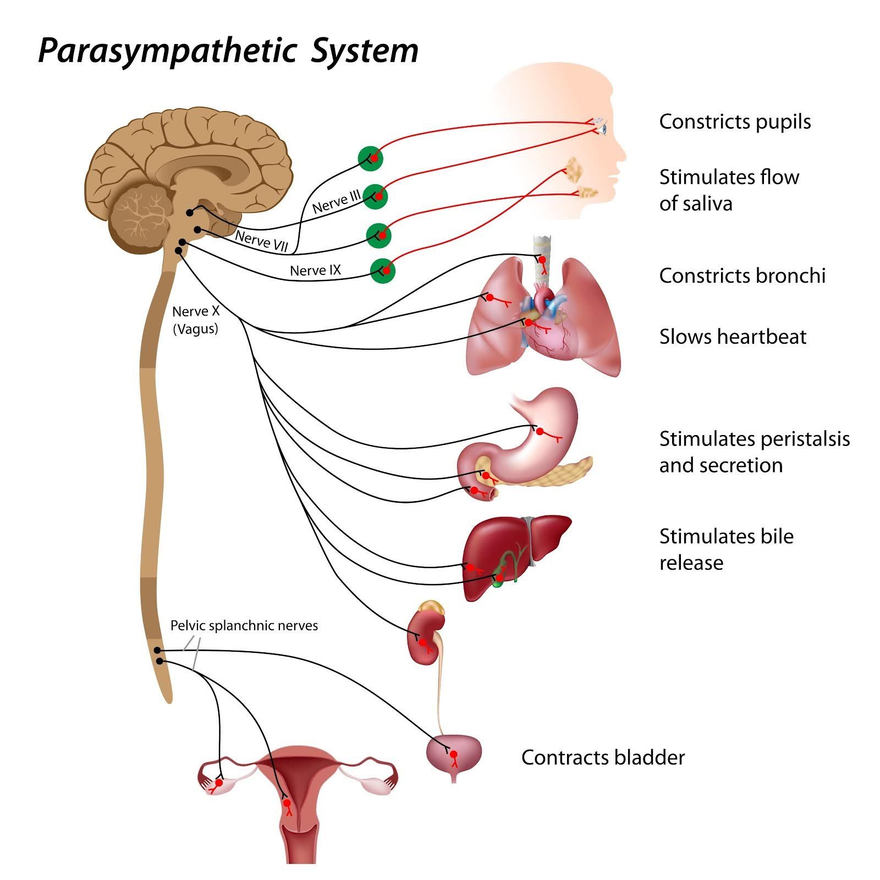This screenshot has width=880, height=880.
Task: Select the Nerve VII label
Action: [x=262, y=240]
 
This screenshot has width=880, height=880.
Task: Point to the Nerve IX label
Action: [x=315, y=270]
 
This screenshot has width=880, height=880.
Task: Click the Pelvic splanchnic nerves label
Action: [x=244, y=625]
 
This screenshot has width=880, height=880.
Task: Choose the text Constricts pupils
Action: [x=735, y=122]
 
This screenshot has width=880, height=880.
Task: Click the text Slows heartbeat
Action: [x=733, y=337]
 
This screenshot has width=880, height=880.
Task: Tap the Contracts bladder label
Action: [x=603, y=757]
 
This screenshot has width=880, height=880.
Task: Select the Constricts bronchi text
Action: [x=742, y=276]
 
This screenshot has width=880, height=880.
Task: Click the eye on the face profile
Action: [x=603, y=129]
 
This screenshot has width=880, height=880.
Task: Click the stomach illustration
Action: [x=542, y=435]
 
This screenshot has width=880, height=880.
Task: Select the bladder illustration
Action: [x=454, y=754]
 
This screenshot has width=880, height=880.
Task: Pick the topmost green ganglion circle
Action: [x=370, y=158]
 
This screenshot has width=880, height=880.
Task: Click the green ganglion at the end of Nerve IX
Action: [x=383, y=270]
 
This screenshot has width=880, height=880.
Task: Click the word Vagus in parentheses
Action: [x=196, y=329]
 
